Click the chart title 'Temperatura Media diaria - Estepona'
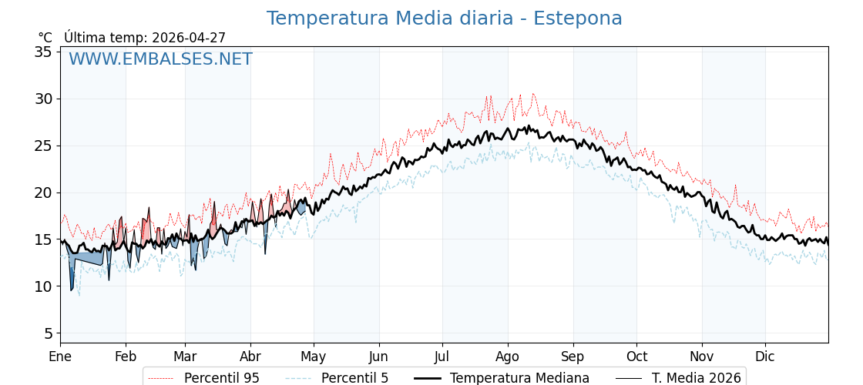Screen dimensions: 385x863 click(444, 18)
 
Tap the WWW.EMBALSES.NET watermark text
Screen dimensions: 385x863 click(160, 59)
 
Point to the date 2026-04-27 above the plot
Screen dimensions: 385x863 click(189, 38)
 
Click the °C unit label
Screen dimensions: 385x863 click(45, 38)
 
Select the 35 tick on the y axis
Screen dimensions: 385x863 click(43, 52)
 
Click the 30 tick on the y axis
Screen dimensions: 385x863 click(43, 99)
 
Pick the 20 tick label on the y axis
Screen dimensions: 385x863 click(43, 192)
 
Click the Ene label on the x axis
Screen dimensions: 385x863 click(60, 357)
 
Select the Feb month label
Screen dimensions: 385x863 click(126, 357)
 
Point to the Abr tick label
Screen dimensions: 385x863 click(250, 357)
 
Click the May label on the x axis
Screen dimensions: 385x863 click(314, 357)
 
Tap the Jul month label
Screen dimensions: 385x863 click(442, 357)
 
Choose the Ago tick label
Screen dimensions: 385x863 click(508, 357)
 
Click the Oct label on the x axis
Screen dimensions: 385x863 click(636, 357)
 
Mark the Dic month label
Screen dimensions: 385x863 click(765, 357)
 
